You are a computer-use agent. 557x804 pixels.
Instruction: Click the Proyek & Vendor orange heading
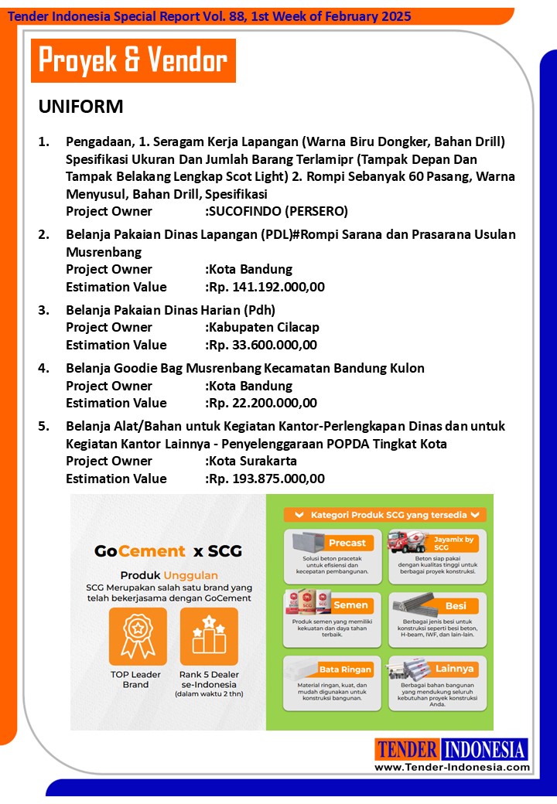(x=133, y=60)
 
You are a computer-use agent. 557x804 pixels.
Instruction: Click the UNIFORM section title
(x=81, y=107)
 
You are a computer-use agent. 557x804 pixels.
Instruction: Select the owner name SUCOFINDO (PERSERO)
(x=278, y=211)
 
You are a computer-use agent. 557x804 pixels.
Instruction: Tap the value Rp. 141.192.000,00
(x=266, y=287)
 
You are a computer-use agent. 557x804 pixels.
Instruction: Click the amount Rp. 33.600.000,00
(x=262, y=345)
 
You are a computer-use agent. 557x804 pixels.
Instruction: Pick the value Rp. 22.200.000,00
(x=262, y=403)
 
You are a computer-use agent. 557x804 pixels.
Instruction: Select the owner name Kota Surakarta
(x=252, y=461)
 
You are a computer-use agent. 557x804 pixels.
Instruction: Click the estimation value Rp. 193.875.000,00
(x=266, y=479)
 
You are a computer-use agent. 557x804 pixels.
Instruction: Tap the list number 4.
(x=44, y=368)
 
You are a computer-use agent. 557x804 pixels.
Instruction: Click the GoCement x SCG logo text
(x=168, y=551)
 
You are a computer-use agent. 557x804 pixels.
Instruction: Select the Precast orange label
(x=347, y=542)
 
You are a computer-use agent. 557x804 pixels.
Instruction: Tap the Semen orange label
(x=350, y=605)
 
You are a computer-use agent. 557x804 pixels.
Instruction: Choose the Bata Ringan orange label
(x=345, y=669)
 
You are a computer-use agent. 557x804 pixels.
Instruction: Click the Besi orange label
(x=456, y=606)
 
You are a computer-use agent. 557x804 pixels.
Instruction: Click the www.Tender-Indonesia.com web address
(x=453, y=767)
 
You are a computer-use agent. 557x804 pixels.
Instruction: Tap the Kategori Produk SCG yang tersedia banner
(x=384, y=514)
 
